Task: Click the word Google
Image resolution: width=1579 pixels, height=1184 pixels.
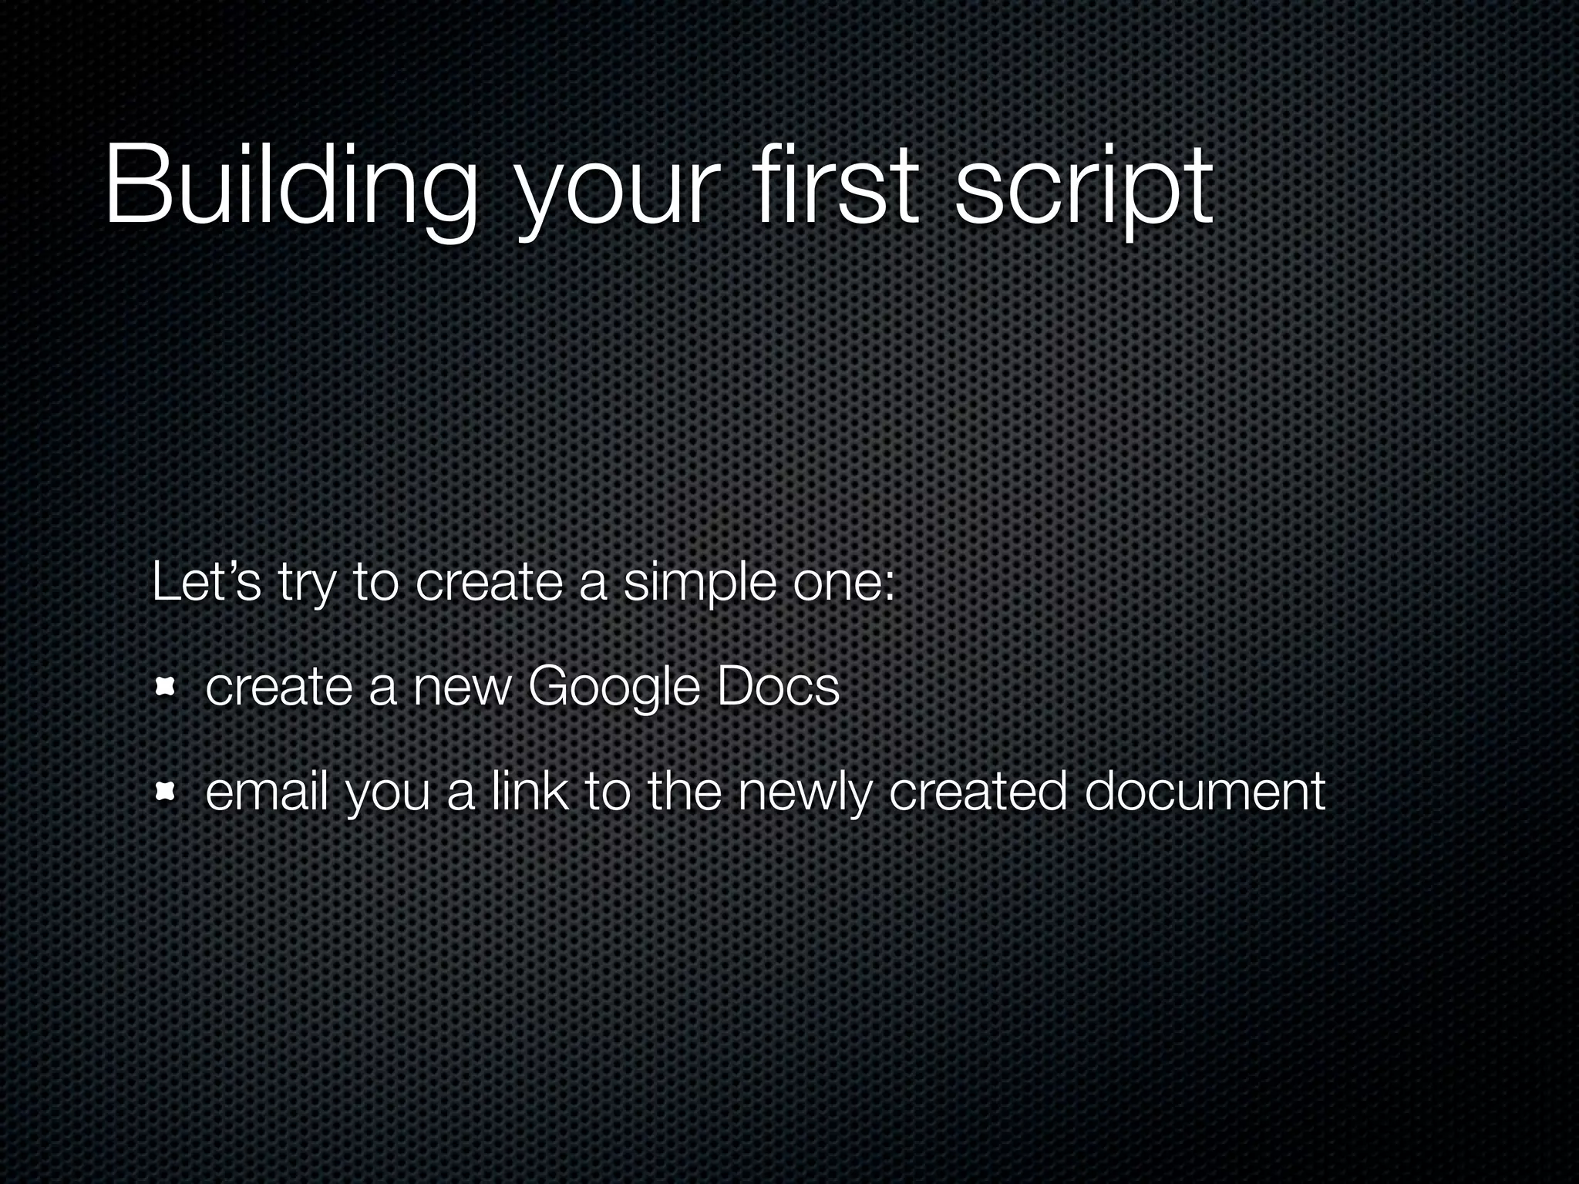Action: point(614,688)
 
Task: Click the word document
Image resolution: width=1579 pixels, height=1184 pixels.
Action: point(1204,791)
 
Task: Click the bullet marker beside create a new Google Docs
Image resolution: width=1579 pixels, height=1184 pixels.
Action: point(164,686)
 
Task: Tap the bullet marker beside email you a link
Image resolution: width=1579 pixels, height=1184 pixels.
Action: point(164,791)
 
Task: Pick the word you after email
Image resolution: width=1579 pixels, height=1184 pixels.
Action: point(387,795)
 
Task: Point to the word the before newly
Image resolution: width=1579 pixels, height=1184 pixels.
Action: point(684,791)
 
